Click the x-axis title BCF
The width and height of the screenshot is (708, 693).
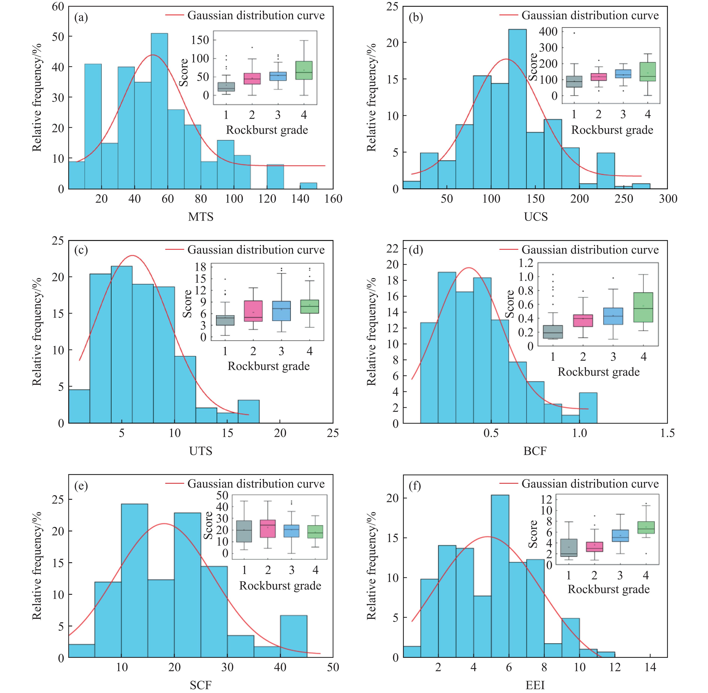click(535, 451)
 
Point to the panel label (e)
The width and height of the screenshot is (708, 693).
click(81, 486)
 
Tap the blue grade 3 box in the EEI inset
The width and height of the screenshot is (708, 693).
click(620, 536)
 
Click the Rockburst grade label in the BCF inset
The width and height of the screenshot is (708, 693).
click(598, 372)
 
